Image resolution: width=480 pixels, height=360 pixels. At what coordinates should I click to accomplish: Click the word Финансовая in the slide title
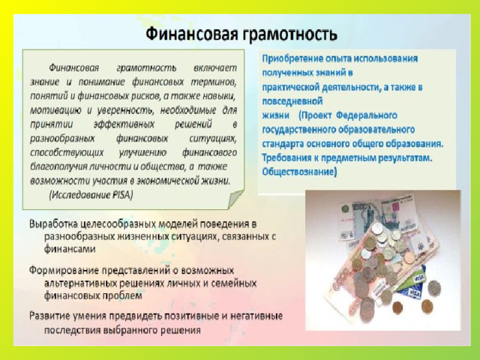pos(192,34)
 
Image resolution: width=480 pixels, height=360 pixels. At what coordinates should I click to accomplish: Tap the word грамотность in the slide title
pos(289,34)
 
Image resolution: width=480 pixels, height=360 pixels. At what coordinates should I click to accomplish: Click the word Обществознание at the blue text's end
pos(299,172)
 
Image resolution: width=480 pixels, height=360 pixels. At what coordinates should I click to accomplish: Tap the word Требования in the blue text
pos(285,158)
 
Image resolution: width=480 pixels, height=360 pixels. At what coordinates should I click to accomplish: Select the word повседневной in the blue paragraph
pos(292,101)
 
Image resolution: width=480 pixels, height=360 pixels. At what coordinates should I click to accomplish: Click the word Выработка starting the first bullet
pos(53,224)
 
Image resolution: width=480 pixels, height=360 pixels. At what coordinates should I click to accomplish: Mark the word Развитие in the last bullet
pos(49,316)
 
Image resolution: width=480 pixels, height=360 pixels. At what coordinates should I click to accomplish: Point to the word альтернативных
pos(82,283)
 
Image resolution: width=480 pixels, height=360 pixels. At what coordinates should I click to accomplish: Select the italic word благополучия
pos(58,166)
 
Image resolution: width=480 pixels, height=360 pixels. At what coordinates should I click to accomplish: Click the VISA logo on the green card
pos(418,278)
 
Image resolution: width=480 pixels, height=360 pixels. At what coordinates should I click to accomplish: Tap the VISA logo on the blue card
pos(415,294)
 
